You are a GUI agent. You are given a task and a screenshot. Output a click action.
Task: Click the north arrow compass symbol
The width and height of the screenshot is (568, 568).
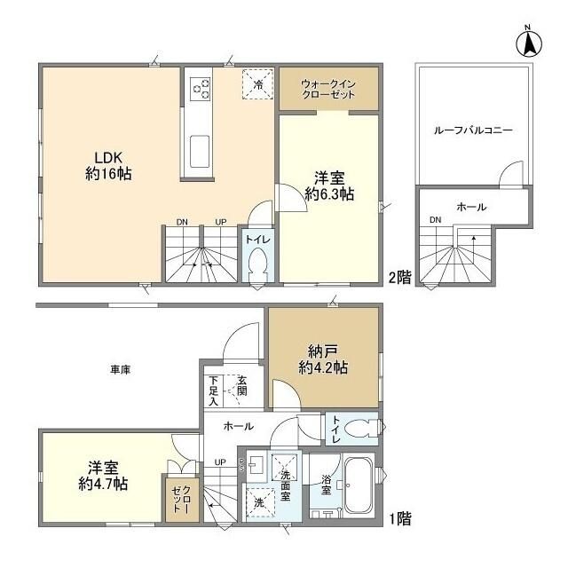pos(530,42)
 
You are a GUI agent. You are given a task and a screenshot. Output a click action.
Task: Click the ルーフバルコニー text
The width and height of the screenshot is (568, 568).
pos(473,130)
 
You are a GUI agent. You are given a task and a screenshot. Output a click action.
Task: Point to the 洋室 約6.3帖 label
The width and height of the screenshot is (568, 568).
pos(329,184)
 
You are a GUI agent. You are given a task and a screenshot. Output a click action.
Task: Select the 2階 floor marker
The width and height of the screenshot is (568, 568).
pos(398,277)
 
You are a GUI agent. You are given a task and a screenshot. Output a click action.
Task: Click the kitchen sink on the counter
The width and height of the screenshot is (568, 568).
pos(200,150)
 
